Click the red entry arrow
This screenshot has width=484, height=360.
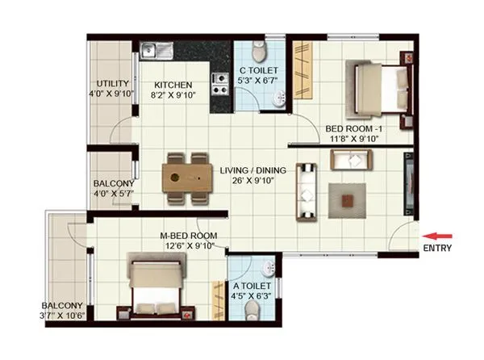pos(438,236)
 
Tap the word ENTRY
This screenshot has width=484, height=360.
pos(437,249)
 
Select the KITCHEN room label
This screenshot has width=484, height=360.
pos(173,84)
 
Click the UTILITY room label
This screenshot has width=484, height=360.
pos(112,83)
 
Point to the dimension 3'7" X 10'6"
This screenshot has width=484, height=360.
pos(62,316)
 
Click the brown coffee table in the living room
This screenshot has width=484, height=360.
pos(345,195)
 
